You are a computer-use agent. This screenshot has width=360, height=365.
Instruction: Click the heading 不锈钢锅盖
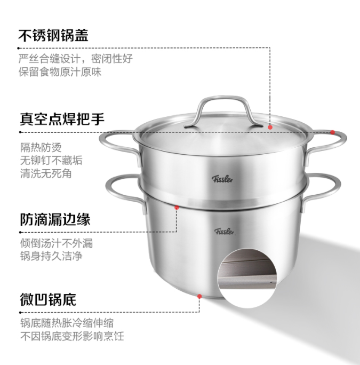[x=53, y=36]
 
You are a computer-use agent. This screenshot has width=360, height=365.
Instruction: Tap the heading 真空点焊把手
[x=62, y=119]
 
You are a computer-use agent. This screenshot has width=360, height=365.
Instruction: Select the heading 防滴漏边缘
[x=55, y=219]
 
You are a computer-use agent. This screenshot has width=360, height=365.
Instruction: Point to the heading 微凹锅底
[x=48, y=299]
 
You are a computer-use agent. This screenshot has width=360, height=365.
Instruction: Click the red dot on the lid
[x=270, y=128]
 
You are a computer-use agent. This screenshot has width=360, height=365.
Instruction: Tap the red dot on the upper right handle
[x=333, y=132]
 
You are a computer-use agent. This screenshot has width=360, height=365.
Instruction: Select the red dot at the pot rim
[x=177, y=208]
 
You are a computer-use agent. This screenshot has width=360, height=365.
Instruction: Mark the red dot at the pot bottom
[x=199, y=296]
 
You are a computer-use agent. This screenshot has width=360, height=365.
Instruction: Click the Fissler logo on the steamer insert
[x=222, y=179]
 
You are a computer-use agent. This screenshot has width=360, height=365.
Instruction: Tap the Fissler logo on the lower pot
[x=225, y=232]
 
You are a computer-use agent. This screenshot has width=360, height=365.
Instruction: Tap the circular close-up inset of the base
[x=247, y=278]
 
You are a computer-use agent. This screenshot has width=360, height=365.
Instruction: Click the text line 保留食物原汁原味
[x=60, y=72]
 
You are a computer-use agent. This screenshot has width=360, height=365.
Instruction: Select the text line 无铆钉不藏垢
[x=51, y=161]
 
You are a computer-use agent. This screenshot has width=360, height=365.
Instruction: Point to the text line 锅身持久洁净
[x=51, y=256]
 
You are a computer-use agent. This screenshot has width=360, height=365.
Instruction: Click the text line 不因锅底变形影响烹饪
[x=72, y=336]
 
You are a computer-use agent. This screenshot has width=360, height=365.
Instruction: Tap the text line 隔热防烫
[x=41, y=148]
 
